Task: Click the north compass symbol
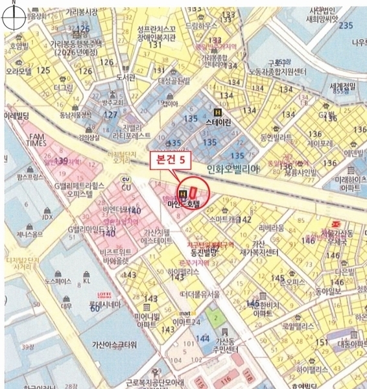click(14, 15)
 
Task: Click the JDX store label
click(47, 217)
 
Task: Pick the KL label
click(87, 281)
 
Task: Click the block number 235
click(346, 25)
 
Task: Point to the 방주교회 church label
click(112, 102)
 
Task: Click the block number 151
click(320, 342)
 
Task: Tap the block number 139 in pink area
click(62, 159)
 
